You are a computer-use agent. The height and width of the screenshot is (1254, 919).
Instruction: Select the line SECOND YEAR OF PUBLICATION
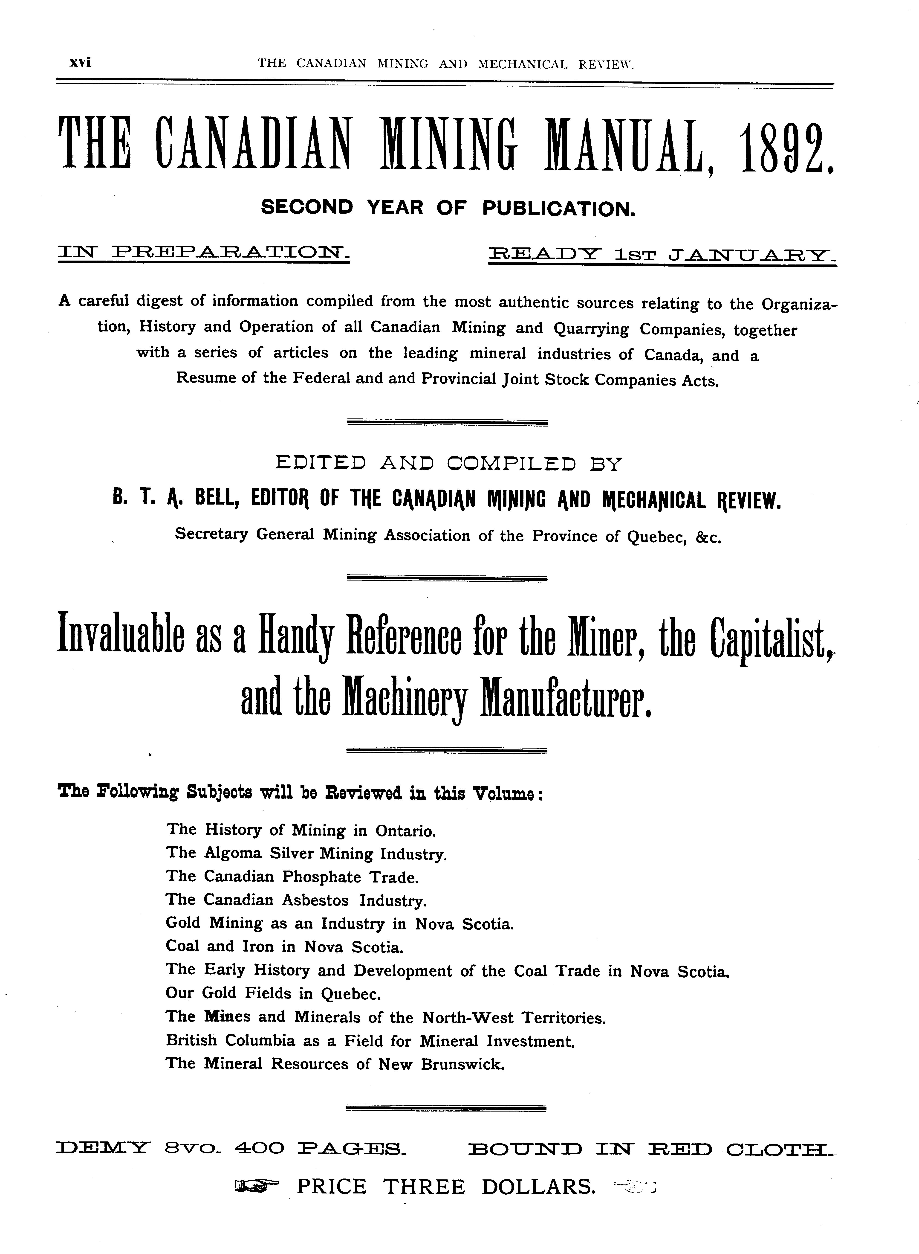coord(448,208)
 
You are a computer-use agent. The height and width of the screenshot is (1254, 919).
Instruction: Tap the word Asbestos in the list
coord(315,900)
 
